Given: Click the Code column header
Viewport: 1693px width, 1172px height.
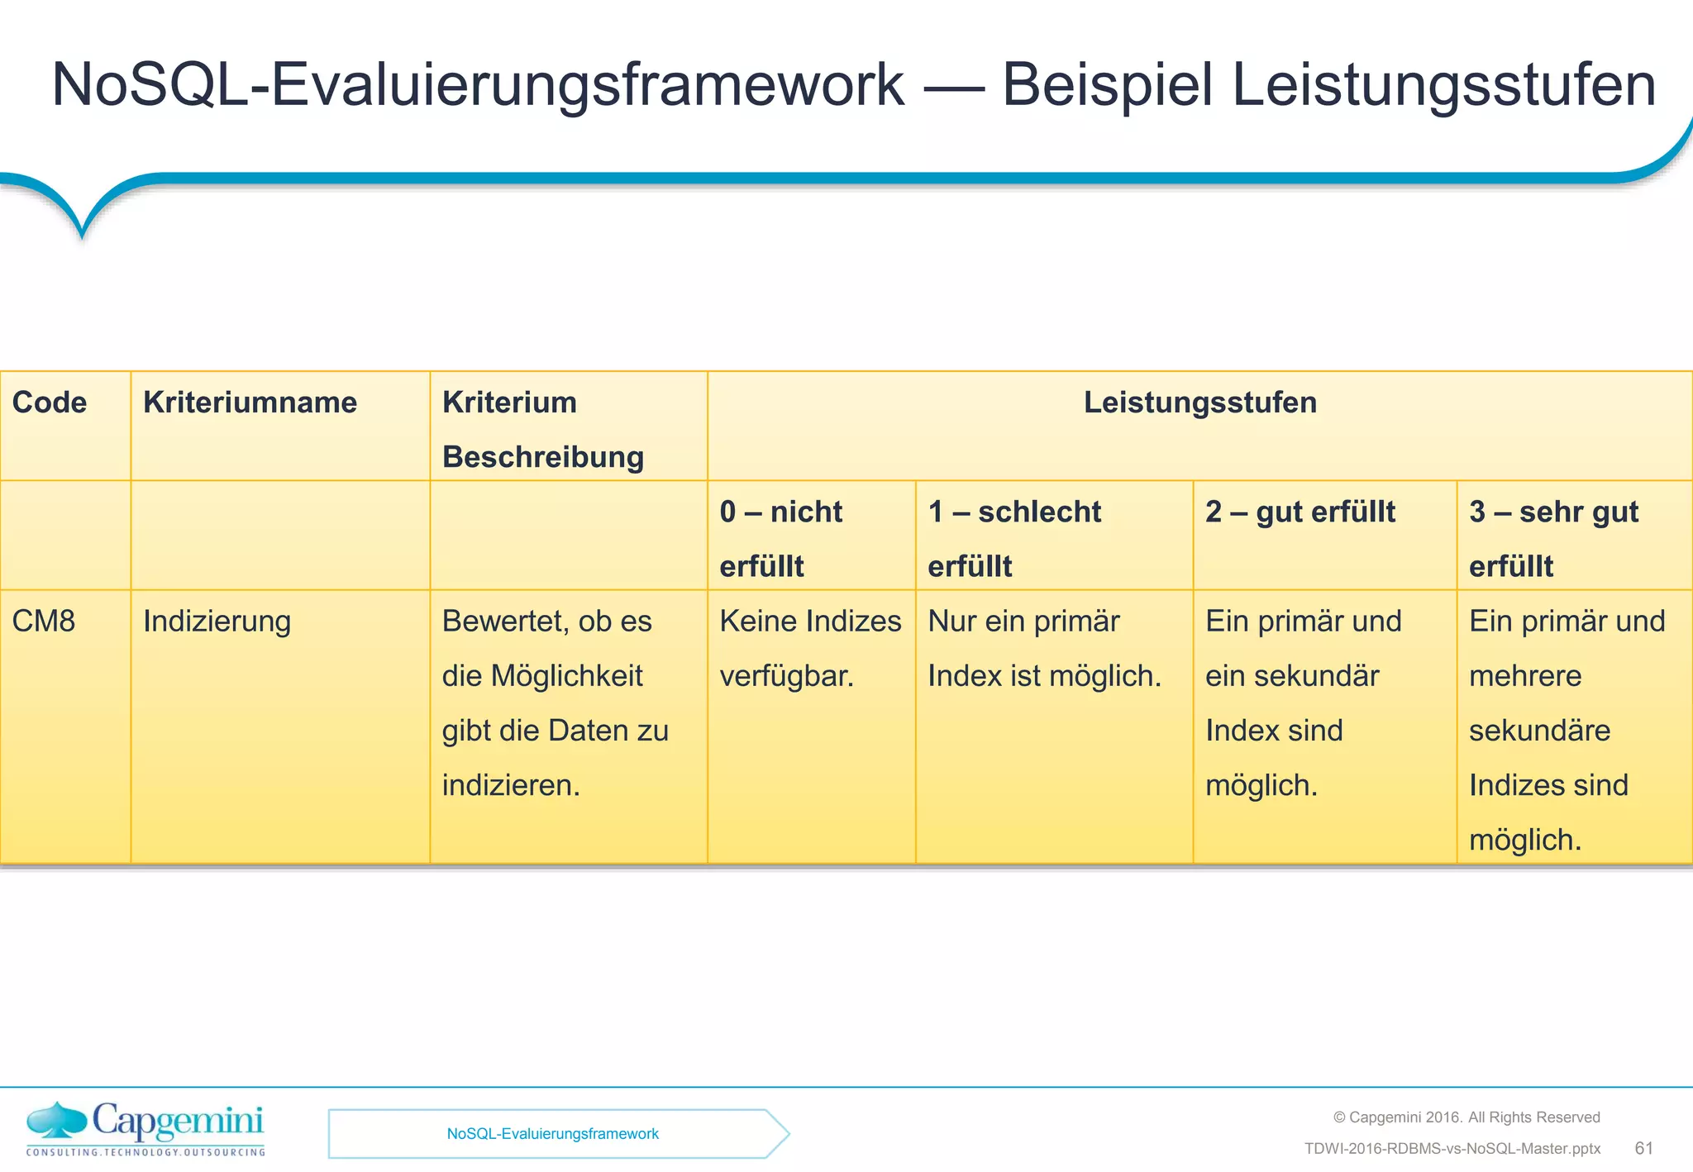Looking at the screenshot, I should [50, 403].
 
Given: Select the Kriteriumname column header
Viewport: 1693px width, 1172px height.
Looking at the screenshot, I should [250, 403].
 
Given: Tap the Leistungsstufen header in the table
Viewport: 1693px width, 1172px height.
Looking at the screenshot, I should [1199, 403].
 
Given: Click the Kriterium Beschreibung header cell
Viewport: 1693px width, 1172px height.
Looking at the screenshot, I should [542, 429].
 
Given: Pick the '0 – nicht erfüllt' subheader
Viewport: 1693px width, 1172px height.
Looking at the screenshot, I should [780, 538].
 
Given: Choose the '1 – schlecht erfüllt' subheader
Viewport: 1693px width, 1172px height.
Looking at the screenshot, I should [1014, 538].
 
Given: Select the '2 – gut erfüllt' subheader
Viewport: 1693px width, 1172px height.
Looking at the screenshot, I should [1300, 512].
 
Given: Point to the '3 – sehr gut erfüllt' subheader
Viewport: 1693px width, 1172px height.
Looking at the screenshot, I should [1553, 538].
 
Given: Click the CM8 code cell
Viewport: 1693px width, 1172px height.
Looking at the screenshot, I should [44, 621].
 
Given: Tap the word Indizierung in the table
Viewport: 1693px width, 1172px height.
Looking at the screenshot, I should [217, 621].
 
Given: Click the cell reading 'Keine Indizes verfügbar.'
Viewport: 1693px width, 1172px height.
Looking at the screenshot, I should [809, 648].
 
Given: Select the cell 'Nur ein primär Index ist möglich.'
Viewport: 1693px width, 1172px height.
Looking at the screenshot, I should [1044, 648].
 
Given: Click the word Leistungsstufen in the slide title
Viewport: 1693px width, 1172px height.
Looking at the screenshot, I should [1443, 85].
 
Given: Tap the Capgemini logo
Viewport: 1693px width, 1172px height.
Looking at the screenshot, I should [145, 1129].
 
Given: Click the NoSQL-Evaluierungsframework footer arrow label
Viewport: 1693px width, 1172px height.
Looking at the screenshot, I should [552, 1134].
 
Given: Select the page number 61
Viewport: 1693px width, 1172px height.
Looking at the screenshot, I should [1643, 1148].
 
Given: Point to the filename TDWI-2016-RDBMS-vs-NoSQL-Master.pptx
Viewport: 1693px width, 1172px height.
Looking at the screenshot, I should [1452, 1149].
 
